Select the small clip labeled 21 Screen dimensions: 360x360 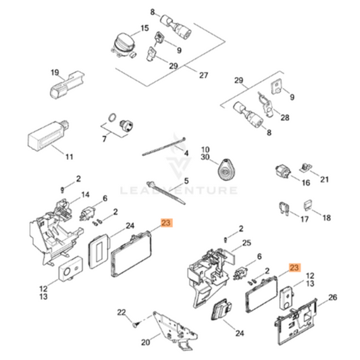pyautogui.click(x=306, y=165)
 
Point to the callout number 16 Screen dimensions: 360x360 pyautogui.click(x=305, y=182)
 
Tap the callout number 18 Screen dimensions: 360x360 pyautogui.click(x=327, y=217)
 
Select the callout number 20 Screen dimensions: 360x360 pyautogui.click(x=145, y=342)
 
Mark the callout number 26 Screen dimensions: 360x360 pyautogui.click(x=332, y=297)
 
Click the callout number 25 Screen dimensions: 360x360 pyautogui.click(x=247, y=242)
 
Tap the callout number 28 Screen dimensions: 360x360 pyautogui.click(x=284, y=118)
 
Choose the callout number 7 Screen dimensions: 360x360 pyautogui.click(x=104, y=140)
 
